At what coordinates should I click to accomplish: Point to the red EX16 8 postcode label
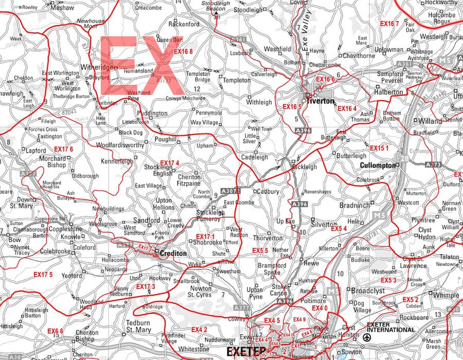pyautogui.click(x=183, y=51)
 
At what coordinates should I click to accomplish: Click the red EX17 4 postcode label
pyautogui.click(x=169, y=163)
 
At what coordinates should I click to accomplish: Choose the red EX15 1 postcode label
pyautogui.click(x=379, y=148)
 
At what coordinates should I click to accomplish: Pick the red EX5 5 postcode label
pyautogui.click(x=260, y=250)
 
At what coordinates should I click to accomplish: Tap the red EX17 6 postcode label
pyautogui.click(x=63, y=149)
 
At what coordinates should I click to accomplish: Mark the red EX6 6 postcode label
pyautogui.click(x=55, y=331)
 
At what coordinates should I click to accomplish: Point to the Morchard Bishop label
pyautogui.click(x=53, y=161)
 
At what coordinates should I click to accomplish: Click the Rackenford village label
pyautogui.click(x=184, y=24)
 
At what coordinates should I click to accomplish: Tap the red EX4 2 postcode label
pyautogui.click(x=199, y=330)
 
